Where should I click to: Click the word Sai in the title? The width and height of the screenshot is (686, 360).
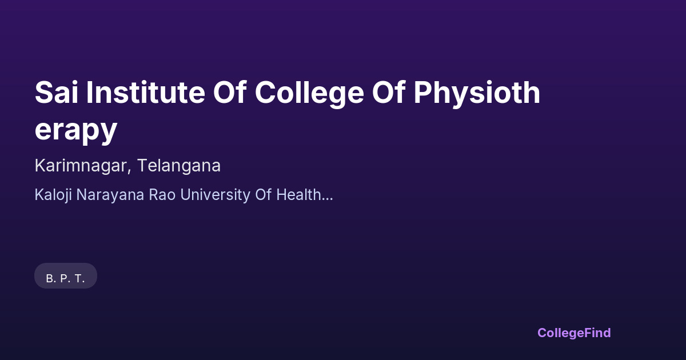(x=57, y=93)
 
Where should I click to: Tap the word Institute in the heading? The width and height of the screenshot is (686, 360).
(x=146, y=93)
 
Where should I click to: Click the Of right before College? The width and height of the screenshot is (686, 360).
(x=230, y=93)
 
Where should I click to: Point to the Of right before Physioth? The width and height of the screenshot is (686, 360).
(x=389, y=93)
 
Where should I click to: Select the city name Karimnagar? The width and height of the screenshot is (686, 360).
(x=81, y=166)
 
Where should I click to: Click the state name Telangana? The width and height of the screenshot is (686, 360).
(x=179, y=166)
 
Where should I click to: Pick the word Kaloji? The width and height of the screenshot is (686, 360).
(x=53, y=195)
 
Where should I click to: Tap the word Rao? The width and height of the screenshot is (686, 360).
(x=162, y=195)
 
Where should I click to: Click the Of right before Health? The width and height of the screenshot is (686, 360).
(x=263, y=195)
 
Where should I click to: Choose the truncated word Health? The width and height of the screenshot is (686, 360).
(x=298, y=195)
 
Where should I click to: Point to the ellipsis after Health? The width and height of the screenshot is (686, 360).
(x=327, y=199)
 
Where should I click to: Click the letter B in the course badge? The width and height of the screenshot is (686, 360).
(x=50, y=279)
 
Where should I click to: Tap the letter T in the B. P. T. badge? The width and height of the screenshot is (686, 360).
(x=78, y=279)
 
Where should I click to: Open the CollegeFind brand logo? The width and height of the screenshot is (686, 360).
(x=574, y=333)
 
